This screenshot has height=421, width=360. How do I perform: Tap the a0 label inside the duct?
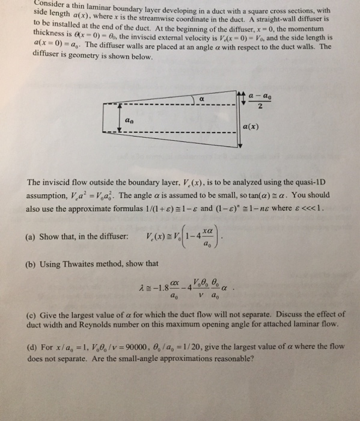pyautogui.click(x=127, y=120)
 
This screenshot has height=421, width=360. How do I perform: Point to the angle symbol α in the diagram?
pyautogui.click(x=202, y=96)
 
